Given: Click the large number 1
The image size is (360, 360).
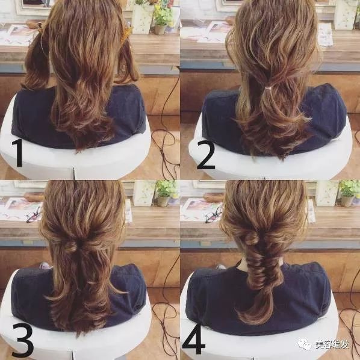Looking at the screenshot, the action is point(18,153).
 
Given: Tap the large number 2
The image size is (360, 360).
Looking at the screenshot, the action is point(206,155).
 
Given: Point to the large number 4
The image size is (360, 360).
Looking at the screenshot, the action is point(193,340).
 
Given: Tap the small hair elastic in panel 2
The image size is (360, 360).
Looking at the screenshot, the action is point(267,88).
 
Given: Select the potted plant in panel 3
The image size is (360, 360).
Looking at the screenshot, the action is point(164,193).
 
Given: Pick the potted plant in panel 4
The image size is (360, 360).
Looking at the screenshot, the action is point(348,193).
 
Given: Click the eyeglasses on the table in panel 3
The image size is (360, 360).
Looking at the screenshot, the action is point(34,215).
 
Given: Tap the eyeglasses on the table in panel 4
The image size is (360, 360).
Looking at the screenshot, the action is point(214,215).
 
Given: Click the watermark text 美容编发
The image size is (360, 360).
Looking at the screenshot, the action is point(332,344).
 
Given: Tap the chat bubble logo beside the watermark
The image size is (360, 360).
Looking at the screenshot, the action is point(305,344).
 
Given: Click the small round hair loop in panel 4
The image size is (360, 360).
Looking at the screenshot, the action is point(252,238).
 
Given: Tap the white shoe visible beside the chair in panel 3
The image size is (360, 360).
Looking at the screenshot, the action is point(45,266).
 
